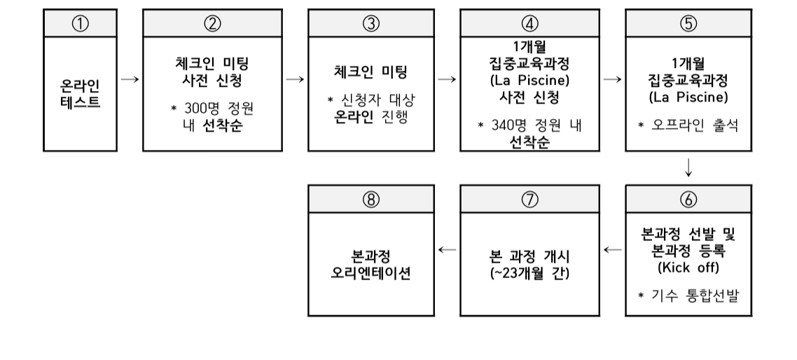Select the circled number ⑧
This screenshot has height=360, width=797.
point(370,198)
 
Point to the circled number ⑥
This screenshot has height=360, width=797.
point(688,198)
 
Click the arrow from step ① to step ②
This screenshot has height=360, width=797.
point(129,80)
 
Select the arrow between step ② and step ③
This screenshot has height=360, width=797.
point(295,80)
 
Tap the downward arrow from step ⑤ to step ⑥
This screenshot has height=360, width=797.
point(688,167)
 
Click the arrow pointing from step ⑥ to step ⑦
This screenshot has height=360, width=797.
point(613,249)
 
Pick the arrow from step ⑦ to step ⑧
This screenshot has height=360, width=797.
point(447,249)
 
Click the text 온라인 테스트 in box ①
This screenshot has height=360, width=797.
point(80,95)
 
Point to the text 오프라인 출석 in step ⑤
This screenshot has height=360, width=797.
point(695,126)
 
